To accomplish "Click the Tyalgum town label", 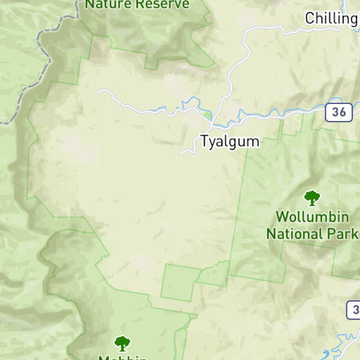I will pyautogui.click(x=229, y=141).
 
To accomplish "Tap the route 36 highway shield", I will pyautogui.click(x=339, y=112).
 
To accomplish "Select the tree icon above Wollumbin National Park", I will pyautogui.click(x=311, y=198).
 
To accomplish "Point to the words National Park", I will pyautogui.click(x=313, y=233).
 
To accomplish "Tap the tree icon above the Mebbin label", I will pyautogui.click(x=122, y=343).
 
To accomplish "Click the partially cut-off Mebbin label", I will pyautogui.click(x=122, y=357).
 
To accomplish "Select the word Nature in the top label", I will pyautogui.click(x=108, y=4).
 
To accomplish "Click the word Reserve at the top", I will pyautogui.click(x=162, y=4).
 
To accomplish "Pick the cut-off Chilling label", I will pyautogui.click(x=331, y=18).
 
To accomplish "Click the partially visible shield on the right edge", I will pyautogui.click(x=354, y=309).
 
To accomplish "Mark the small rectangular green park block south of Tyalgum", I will pyautogui.click(x=177, y=283).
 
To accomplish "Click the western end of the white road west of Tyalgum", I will pyautogui.click(x=100, y=91).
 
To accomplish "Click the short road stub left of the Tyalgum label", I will pyautogui.click(x=186, y=151).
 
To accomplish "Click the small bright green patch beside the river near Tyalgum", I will pyautogui.click(x=207, y=113).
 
